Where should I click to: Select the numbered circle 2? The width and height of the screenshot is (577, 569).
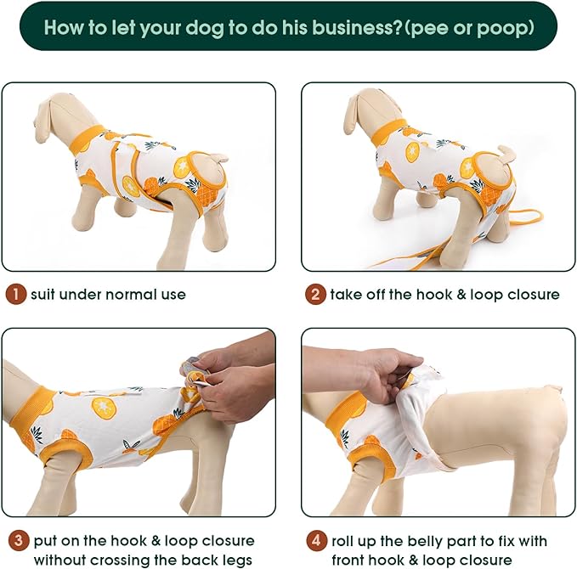[x=316, y=295]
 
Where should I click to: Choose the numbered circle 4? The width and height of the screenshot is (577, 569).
[x=316, y=540]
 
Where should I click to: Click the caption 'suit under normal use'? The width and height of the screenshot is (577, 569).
[x=108, y=295]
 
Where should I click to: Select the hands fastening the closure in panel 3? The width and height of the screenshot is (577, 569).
[x=229, y=378]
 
